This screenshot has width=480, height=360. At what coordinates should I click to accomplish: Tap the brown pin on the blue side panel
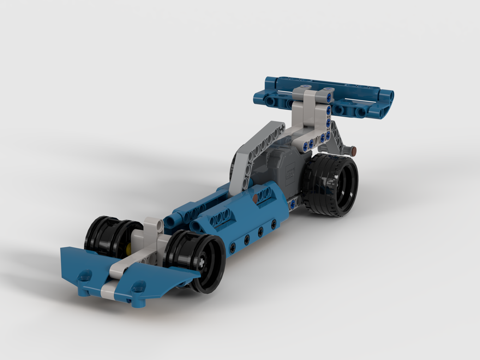click(254, 197)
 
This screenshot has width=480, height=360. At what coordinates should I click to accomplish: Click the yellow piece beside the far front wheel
click(129, 249)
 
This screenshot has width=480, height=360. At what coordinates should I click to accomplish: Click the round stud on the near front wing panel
click(139, 288)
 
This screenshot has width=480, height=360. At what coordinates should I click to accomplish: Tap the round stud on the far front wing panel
click(85, 276)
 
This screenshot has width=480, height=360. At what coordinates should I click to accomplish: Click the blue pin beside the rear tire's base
click(292, 205)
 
